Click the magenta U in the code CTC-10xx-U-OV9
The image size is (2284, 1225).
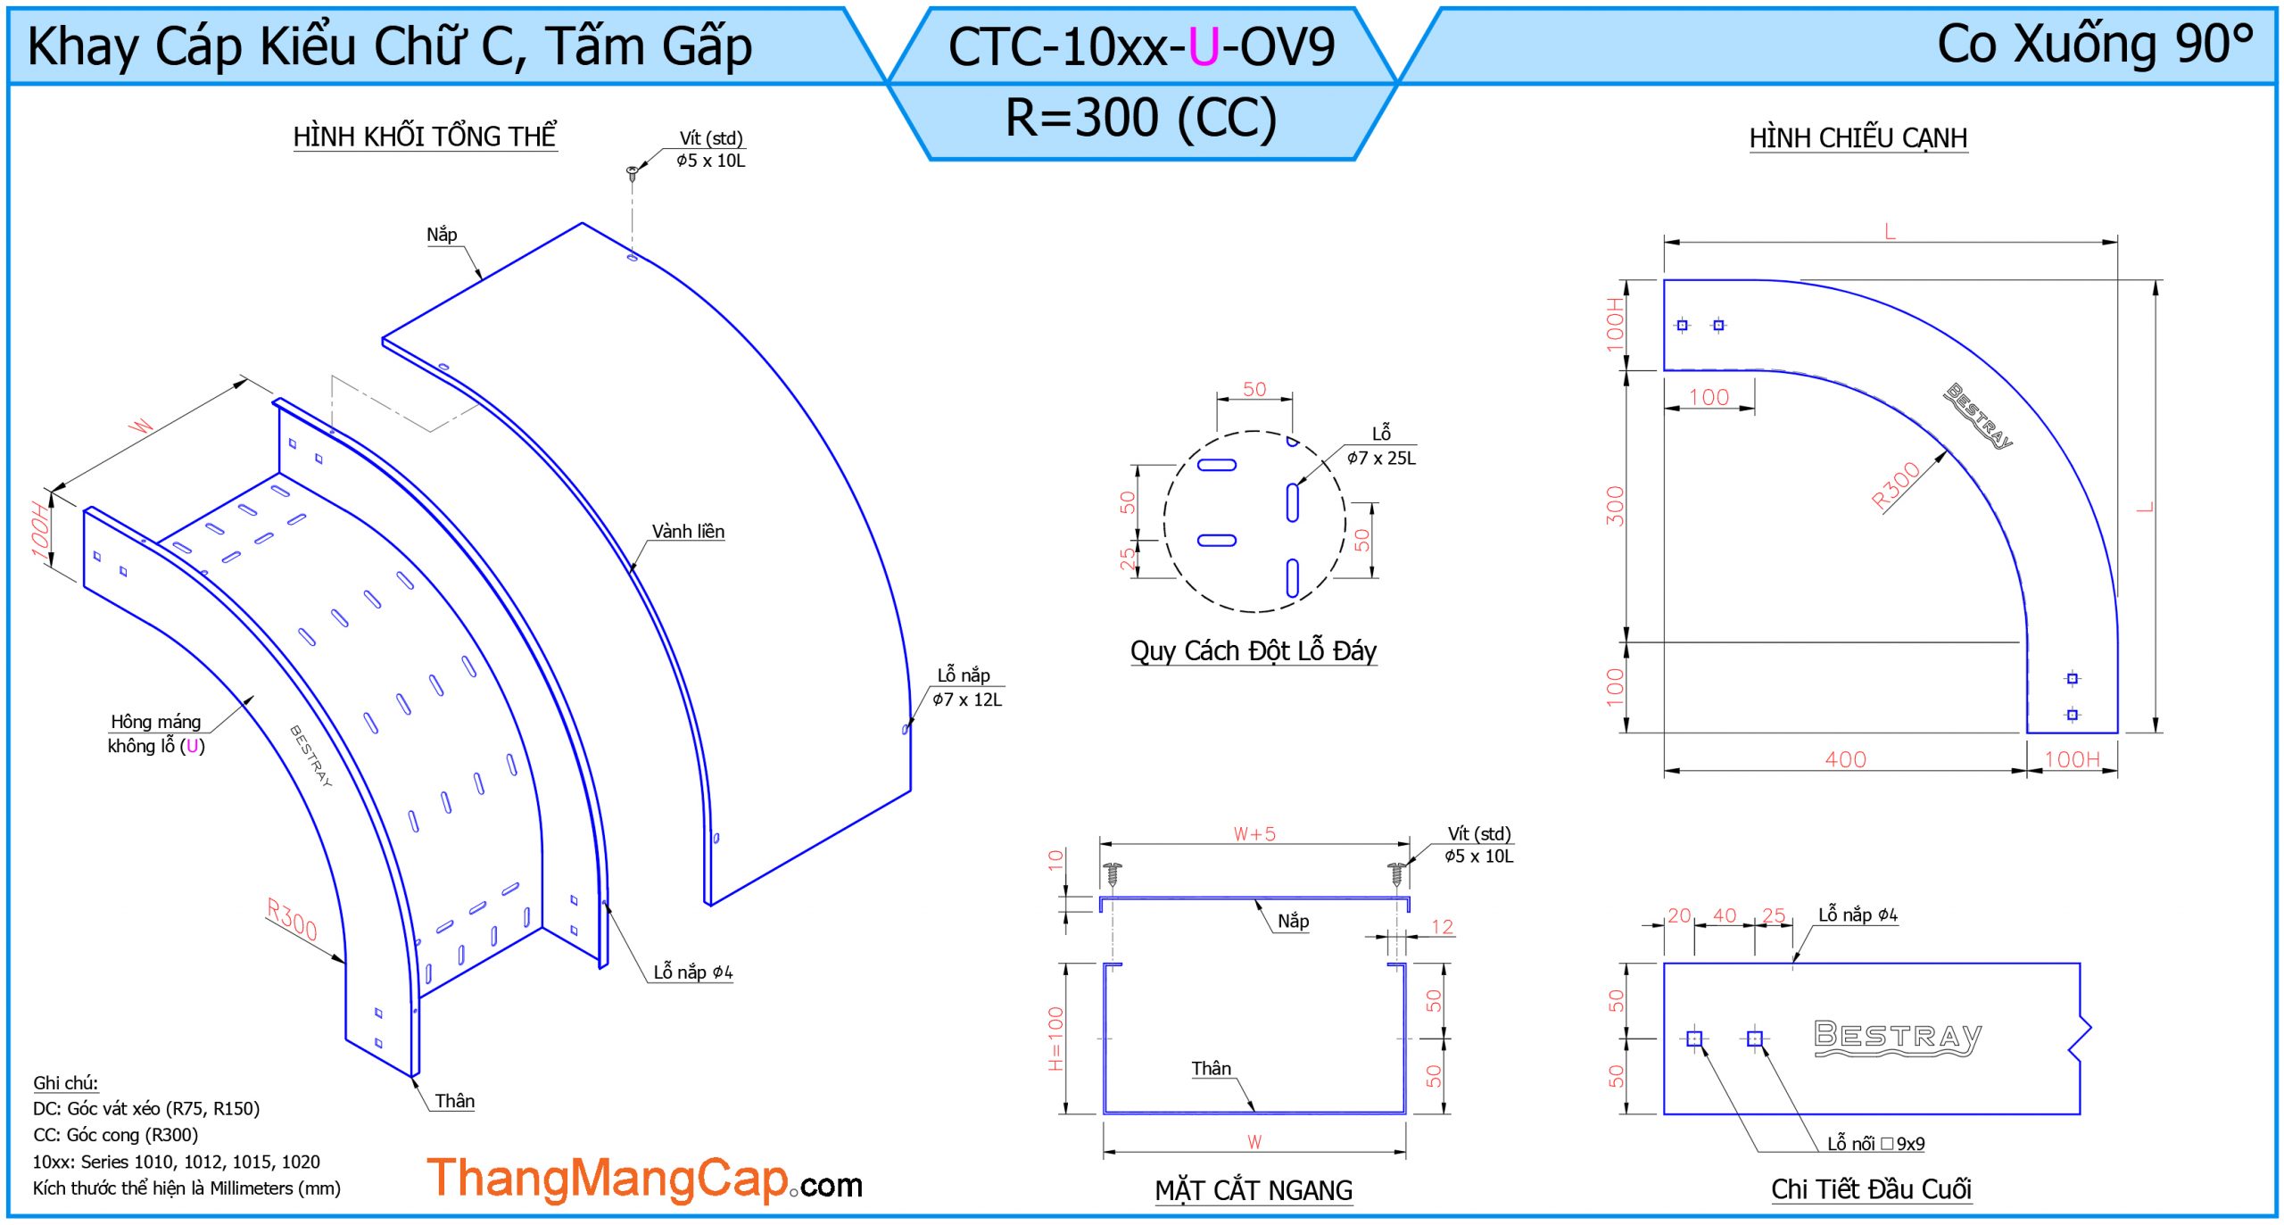click(1204, 47)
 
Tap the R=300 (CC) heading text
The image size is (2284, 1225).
click(1141, 119)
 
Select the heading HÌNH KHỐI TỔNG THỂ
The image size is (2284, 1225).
click(425, 137)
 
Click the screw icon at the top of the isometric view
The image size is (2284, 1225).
click(633, 171)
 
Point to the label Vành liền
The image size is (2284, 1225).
click(688, 532)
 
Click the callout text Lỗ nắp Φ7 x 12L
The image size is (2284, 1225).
click(967, 687)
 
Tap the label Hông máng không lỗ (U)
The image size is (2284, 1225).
click(156, 733)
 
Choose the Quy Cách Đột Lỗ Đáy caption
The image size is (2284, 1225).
click(1254, 651)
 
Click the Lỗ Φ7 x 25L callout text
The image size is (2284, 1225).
click(1381, 446)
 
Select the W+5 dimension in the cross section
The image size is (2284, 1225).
click(1254, 834)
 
